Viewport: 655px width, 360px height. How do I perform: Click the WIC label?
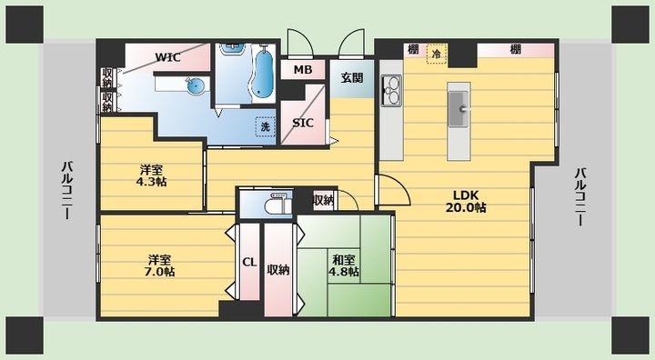pos(168,57)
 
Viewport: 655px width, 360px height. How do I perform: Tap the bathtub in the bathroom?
pos(262,74)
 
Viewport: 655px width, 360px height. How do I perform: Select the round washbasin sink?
pos(196,85)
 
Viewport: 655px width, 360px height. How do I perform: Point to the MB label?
pos(303,70)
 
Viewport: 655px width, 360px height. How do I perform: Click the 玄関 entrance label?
pos(352,77)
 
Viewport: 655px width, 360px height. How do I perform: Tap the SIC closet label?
pos(303,124)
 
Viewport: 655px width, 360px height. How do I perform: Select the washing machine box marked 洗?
pos(266,126)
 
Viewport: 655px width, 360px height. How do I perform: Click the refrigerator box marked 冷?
pos(436,54)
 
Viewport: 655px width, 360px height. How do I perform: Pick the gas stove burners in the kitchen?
pos(391,91)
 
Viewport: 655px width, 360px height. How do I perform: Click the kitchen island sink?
pos(458,109)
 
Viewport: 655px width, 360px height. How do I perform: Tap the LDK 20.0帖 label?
pos(466,201)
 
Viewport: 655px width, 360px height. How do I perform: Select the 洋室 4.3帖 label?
pos(151,175)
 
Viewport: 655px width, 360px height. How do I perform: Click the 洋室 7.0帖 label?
pos(159,265)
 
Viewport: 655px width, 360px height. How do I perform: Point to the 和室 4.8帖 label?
pos(344,265)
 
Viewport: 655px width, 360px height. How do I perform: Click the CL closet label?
pos(249,263)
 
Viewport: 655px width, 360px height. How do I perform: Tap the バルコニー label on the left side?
pos(68,190)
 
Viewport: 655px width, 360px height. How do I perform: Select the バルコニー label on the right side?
pos(580,196)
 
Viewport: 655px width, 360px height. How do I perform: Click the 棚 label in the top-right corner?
pos(516,49)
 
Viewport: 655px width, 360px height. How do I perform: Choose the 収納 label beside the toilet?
pos(323,201)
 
